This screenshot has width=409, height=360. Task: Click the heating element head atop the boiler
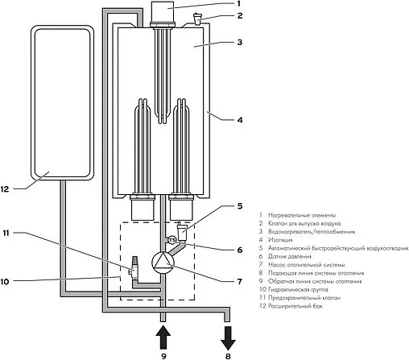163,14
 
